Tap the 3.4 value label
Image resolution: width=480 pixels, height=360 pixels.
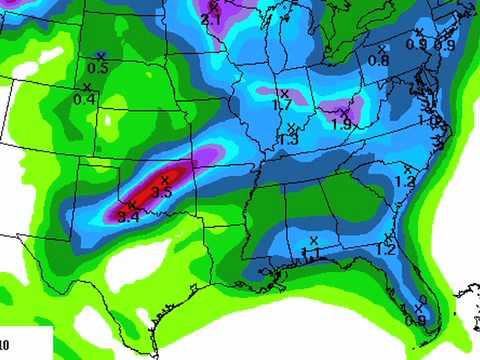click(x=127, y=216)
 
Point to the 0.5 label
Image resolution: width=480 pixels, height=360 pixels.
click(x=98, y=68)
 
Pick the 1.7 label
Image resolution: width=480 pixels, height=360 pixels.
click(x=282, y=104)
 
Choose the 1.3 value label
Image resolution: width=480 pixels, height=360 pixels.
click(x=289, y=140)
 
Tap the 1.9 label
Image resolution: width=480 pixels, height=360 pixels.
click(x=342, y=125)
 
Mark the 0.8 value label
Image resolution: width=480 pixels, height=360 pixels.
click(x=378, y=60)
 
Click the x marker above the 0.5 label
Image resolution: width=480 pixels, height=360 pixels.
click(x=100, y=55)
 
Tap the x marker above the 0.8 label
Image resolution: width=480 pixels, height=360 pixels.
click(x=381, y=48)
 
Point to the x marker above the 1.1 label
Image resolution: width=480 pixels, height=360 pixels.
click(x=313, y=240)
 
